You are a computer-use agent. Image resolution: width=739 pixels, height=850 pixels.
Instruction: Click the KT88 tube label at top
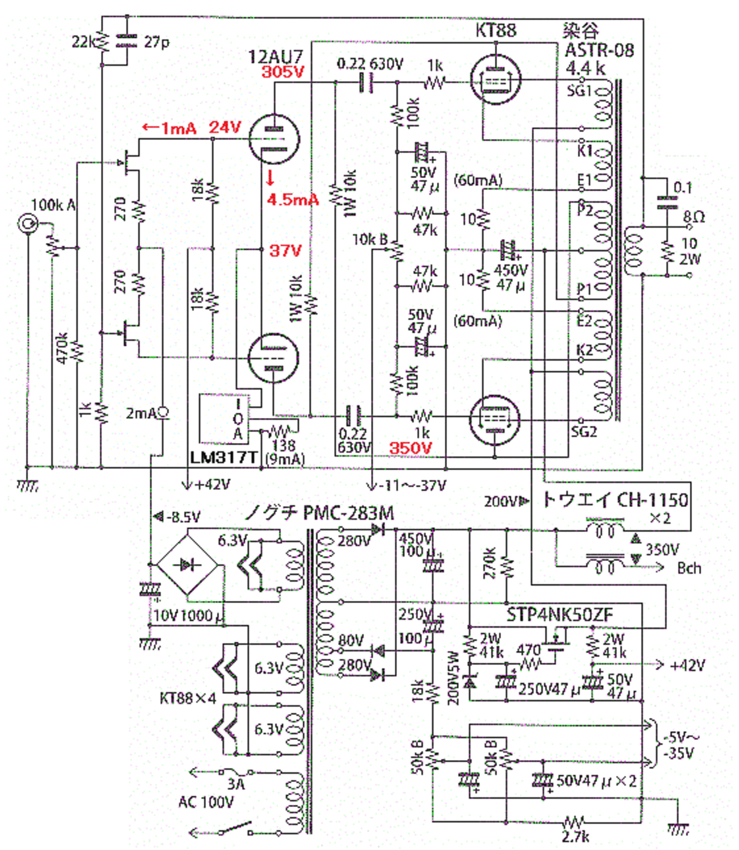(496, 30)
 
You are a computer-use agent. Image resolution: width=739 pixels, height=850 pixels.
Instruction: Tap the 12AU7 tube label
(276, 57)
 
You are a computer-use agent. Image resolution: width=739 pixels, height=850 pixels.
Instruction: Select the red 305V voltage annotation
(283, 72)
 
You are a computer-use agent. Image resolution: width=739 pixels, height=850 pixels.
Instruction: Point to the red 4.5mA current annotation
(293, 200)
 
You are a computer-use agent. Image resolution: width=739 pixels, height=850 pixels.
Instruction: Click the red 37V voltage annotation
(285, 250)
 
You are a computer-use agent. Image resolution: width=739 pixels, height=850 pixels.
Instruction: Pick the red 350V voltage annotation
(410, 448)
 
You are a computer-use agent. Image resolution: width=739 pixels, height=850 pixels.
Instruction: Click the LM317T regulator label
(223, 457)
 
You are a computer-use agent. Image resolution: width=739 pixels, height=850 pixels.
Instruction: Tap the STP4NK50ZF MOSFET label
(559, 614)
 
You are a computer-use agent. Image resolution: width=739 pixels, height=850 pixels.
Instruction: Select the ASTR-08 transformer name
(599, 50)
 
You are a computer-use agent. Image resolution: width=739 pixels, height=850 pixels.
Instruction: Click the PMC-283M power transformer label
(348, 513)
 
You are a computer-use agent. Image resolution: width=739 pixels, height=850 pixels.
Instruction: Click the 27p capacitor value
(156, 42)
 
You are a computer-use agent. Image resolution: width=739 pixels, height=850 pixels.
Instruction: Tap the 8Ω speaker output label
(694, 217)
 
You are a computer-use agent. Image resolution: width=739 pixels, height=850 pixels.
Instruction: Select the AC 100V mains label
(205, 802)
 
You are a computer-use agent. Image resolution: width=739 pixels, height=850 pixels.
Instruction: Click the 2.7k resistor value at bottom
(575, 836)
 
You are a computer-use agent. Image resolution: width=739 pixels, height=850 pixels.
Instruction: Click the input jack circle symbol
(27, 224)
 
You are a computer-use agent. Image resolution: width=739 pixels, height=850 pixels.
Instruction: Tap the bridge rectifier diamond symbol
(187, 564)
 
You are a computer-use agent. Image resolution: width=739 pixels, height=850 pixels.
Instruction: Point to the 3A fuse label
(236, 784)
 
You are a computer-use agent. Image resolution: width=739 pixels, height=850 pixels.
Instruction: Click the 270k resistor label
(490, 563)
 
